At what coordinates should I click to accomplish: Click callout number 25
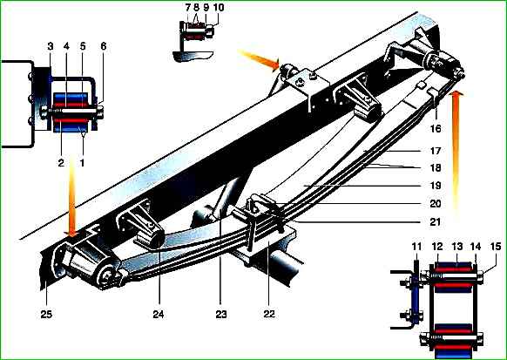point(46,314)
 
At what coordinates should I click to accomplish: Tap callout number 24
point(159,314)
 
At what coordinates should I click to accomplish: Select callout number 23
point(221,314)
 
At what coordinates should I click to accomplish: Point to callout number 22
point(269,314)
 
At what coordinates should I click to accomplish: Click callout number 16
point(436,128)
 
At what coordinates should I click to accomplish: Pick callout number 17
point(436,151)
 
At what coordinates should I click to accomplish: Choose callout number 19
point(436,186)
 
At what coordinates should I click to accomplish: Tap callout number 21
point(436,222)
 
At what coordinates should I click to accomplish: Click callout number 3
point(51,46)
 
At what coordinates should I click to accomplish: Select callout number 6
point(103,46)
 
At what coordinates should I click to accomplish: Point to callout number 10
point(219,7)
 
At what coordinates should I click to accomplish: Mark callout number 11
point(416,247)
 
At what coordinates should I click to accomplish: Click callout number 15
point(496,247)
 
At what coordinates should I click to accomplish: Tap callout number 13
point(457,247)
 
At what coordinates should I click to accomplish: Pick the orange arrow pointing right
point(259,59)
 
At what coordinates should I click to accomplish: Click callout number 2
point(61,163)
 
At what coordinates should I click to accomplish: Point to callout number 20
point(436,204)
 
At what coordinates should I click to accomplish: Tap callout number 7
point(188,7)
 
